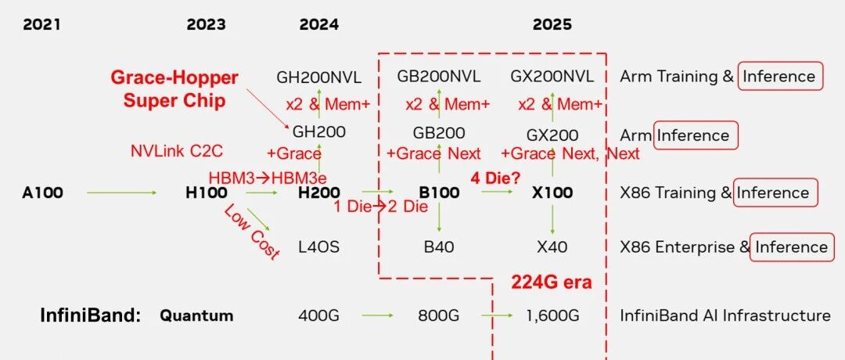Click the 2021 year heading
(x=41, y=25)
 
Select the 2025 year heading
(x=552, y=25)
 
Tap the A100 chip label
(x=42, y=193)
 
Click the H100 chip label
(x=207, y=193)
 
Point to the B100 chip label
(x=439, y=193)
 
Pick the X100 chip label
(x=552, y=193)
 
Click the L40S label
(x=319, y=247)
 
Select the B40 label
(x=439, y=247)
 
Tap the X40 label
(x=552, y=247)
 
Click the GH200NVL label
(x=319, y=77)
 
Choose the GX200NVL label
(x=552, y=77)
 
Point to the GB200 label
(x=439, y=132)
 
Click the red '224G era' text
(x=552, y=282)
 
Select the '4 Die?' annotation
(x=495, y=178)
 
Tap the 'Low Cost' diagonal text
(x=252, y=232)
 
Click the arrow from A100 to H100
(x=122, y=193)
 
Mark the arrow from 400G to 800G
(x=377, y=315)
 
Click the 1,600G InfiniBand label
(x=552, y=316)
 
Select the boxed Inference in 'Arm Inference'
(x=696, y=135)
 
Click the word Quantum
(x=196, y=316)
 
